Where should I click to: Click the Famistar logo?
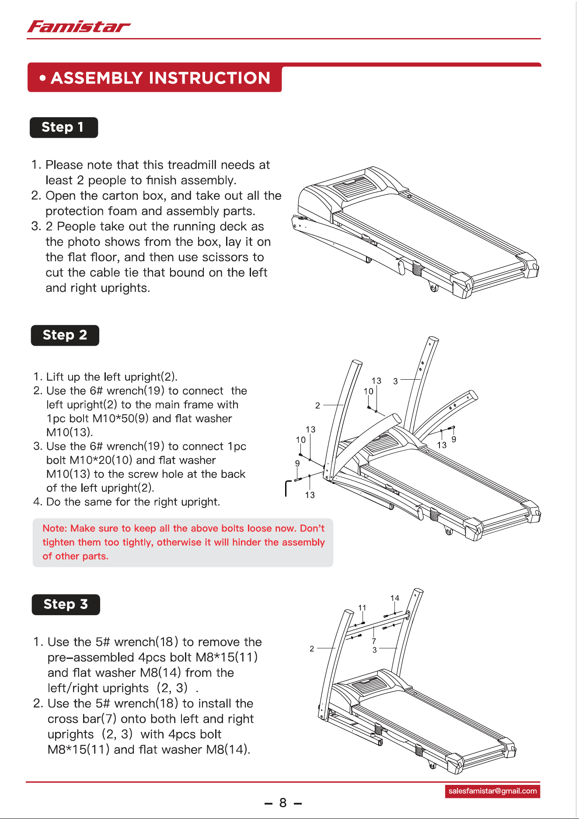pos(79,27)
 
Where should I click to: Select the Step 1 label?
pos(64,127)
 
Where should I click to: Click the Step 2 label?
pos(65,335)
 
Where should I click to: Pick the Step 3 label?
pos(66,604)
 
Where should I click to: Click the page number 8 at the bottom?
pos(283,802)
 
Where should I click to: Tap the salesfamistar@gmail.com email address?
pos(492,791)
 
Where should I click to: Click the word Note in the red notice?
pos(54,528)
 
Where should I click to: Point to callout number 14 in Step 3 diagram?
pos(395,598)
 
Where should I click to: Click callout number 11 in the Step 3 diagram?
pos(362,608)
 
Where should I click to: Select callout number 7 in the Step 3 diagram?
pos(374,641)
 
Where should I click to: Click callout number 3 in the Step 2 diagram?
pos(395,381)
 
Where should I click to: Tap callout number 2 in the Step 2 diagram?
pos(317,406)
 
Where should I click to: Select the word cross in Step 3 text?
pos(59,719)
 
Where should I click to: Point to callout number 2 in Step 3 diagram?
pos(312,648)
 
